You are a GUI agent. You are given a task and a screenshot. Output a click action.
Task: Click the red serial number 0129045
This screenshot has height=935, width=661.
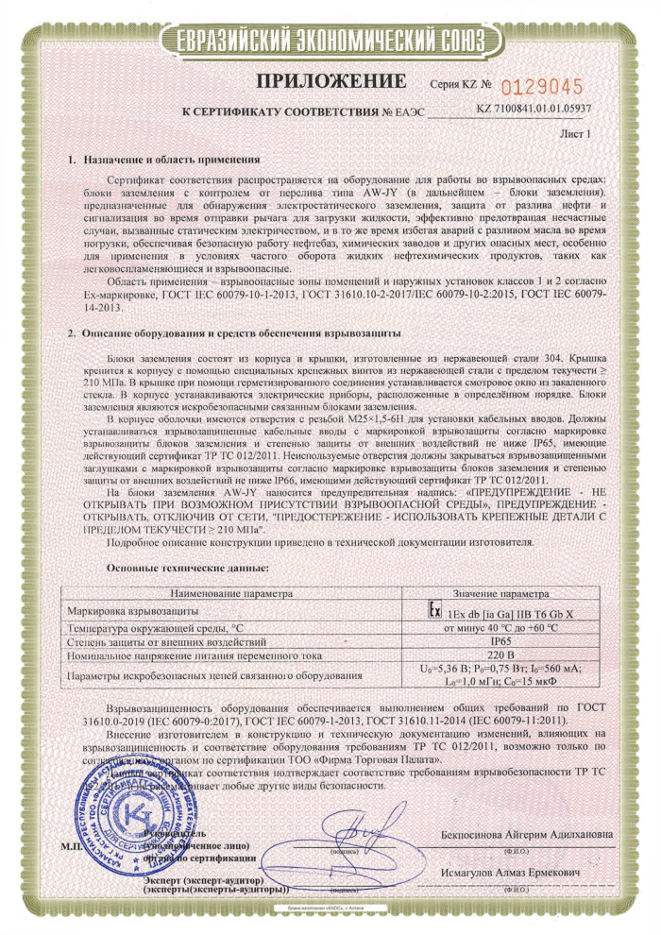[x=542, y=88]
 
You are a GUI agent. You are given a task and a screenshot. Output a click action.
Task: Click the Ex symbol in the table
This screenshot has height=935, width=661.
[x=433, y=611]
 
